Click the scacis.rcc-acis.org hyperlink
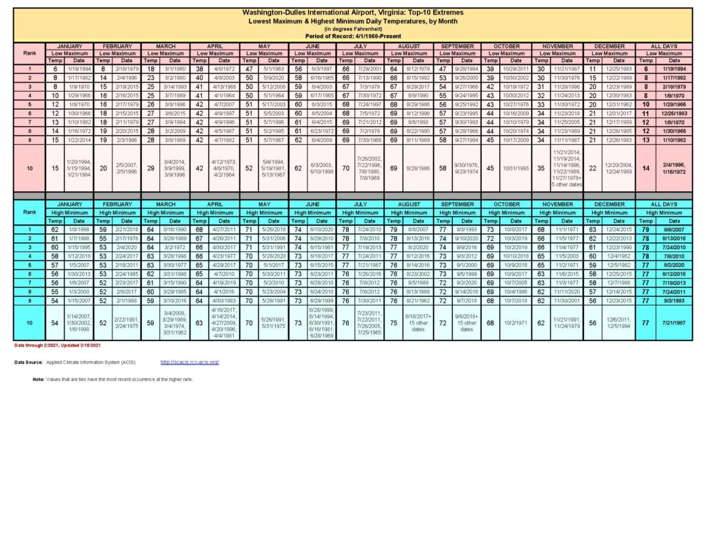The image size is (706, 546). [x=190, y=362]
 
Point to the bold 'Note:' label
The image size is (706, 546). [x=39, y=380]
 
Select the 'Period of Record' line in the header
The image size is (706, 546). [x=353, y=35]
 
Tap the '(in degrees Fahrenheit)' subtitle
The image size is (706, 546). [x=353, y=29]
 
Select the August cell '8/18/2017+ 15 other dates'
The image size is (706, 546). [x=417, y=322]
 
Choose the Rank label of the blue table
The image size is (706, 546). [x=30, y=212]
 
